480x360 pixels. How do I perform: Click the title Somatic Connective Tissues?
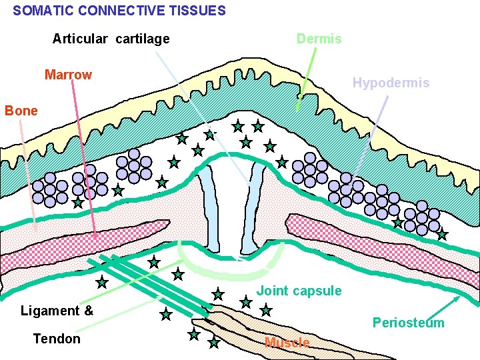tap(119, 11)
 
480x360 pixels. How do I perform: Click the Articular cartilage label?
tap(111, 39)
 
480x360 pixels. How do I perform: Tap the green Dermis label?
tap(319, 39)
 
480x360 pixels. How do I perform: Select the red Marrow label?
tap(68, 75)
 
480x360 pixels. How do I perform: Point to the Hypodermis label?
tap(391, 83)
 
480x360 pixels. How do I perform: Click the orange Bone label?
tap(21, 111)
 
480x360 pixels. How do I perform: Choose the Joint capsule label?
tap(299, 291)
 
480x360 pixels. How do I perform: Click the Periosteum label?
tap(408, 323)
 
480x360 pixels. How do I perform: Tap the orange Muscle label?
tap(287, 343)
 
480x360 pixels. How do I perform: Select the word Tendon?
tap(57, 339)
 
